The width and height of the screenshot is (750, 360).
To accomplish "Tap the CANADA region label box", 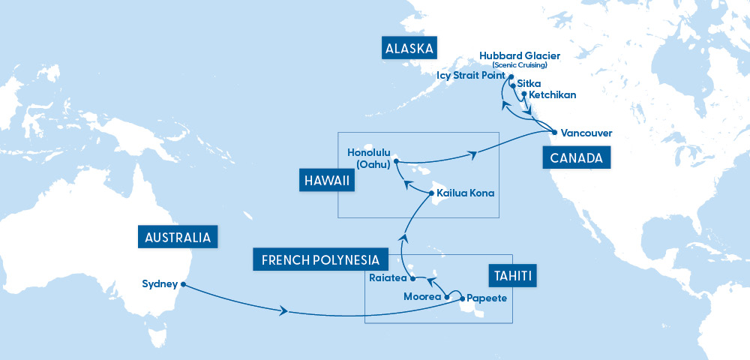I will [576, 158].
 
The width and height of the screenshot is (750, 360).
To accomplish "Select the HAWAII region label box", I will [326, 181].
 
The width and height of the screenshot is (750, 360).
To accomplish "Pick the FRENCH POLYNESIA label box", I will [320, 260].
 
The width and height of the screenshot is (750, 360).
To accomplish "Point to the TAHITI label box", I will [514, 276].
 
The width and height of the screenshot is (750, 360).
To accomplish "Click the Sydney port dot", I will [183, 284].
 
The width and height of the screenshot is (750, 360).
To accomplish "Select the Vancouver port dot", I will [553, 133].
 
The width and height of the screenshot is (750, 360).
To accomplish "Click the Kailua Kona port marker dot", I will [430, 193].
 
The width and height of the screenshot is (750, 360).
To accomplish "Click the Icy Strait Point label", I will [470, 76].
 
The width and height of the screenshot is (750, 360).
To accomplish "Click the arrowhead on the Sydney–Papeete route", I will [283, 310].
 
